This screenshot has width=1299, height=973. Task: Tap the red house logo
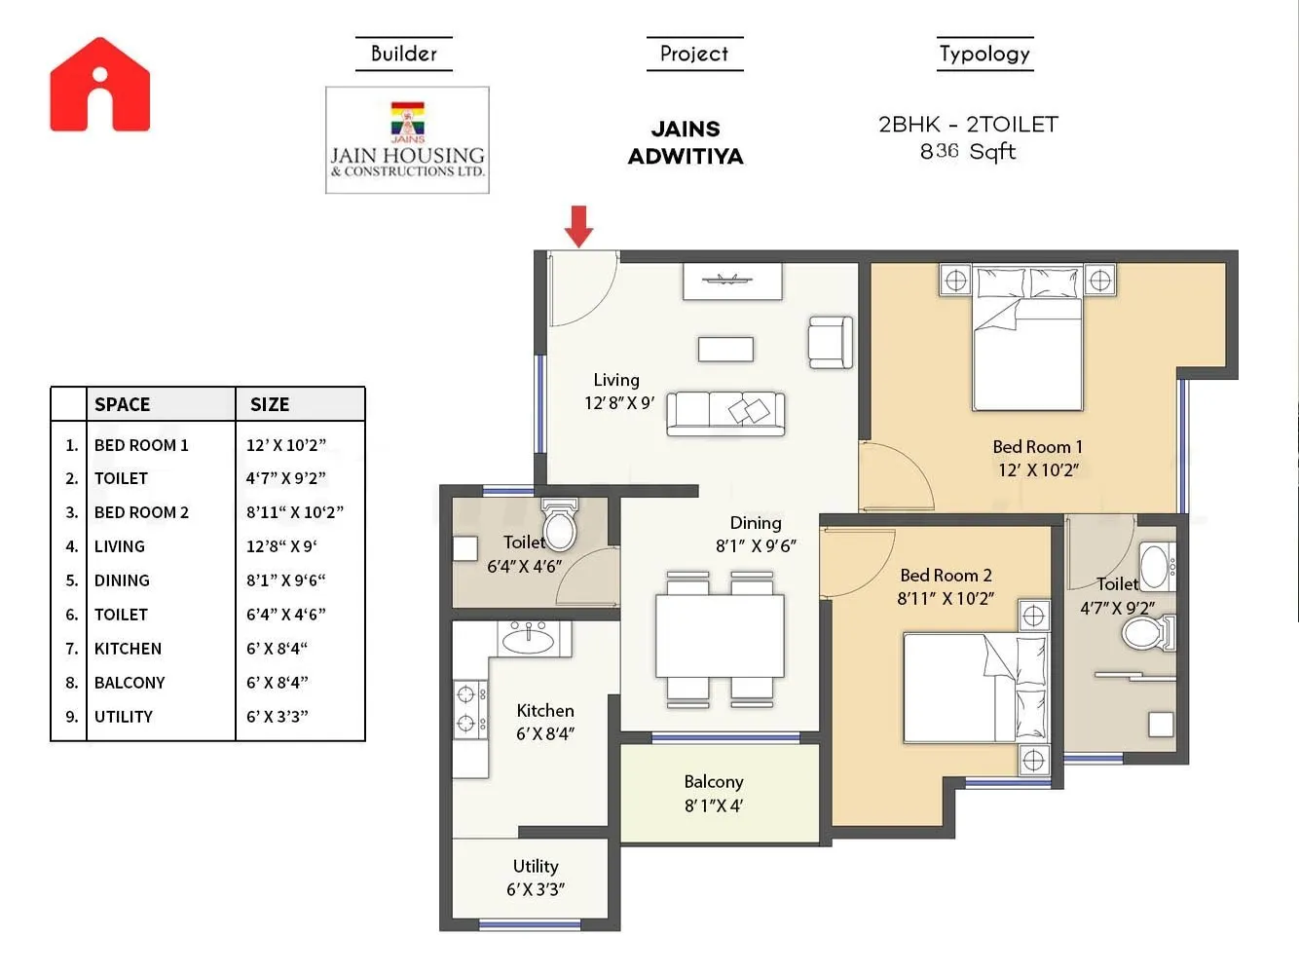tap(100, 86)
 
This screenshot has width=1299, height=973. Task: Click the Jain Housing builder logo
tap(407, 140)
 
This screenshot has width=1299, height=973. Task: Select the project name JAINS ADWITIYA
tap(686, 142)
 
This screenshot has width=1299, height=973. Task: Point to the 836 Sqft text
tap(967, 152)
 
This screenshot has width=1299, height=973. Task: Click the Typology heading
tap(984, 54)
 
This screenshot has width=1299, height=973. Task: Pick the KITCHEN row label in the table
tap(128, 649)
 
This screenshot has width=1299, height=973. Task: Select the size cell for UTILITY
tap(277, 717)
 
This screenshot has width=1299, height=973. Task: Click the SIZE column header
tap(270, 404)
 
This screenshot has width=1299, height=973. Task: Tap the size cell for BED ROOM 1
tap(285, 445)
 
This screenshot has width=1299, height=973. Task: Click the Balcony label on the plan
tap(713, 782)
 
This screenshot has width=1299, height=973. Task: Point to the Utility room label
tap(536, 866)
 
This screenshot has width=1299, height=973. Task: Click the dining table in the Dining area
tap(720, 636)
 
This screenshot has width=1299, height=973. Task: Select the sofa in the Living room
tap(725, 413)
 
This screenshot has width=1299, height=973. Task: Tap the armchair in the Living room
tap(830, 343)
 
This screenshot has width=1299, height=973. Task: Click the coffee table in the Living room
tap(725, 349)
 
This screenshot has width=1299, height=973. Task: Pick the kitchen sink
tap(528, 639)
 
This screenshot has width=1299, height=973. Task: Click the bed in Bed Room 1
tap(1027, 341)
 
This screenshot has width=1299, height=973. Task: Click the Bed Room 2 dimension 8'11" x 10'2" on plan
tap(945, 599)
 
